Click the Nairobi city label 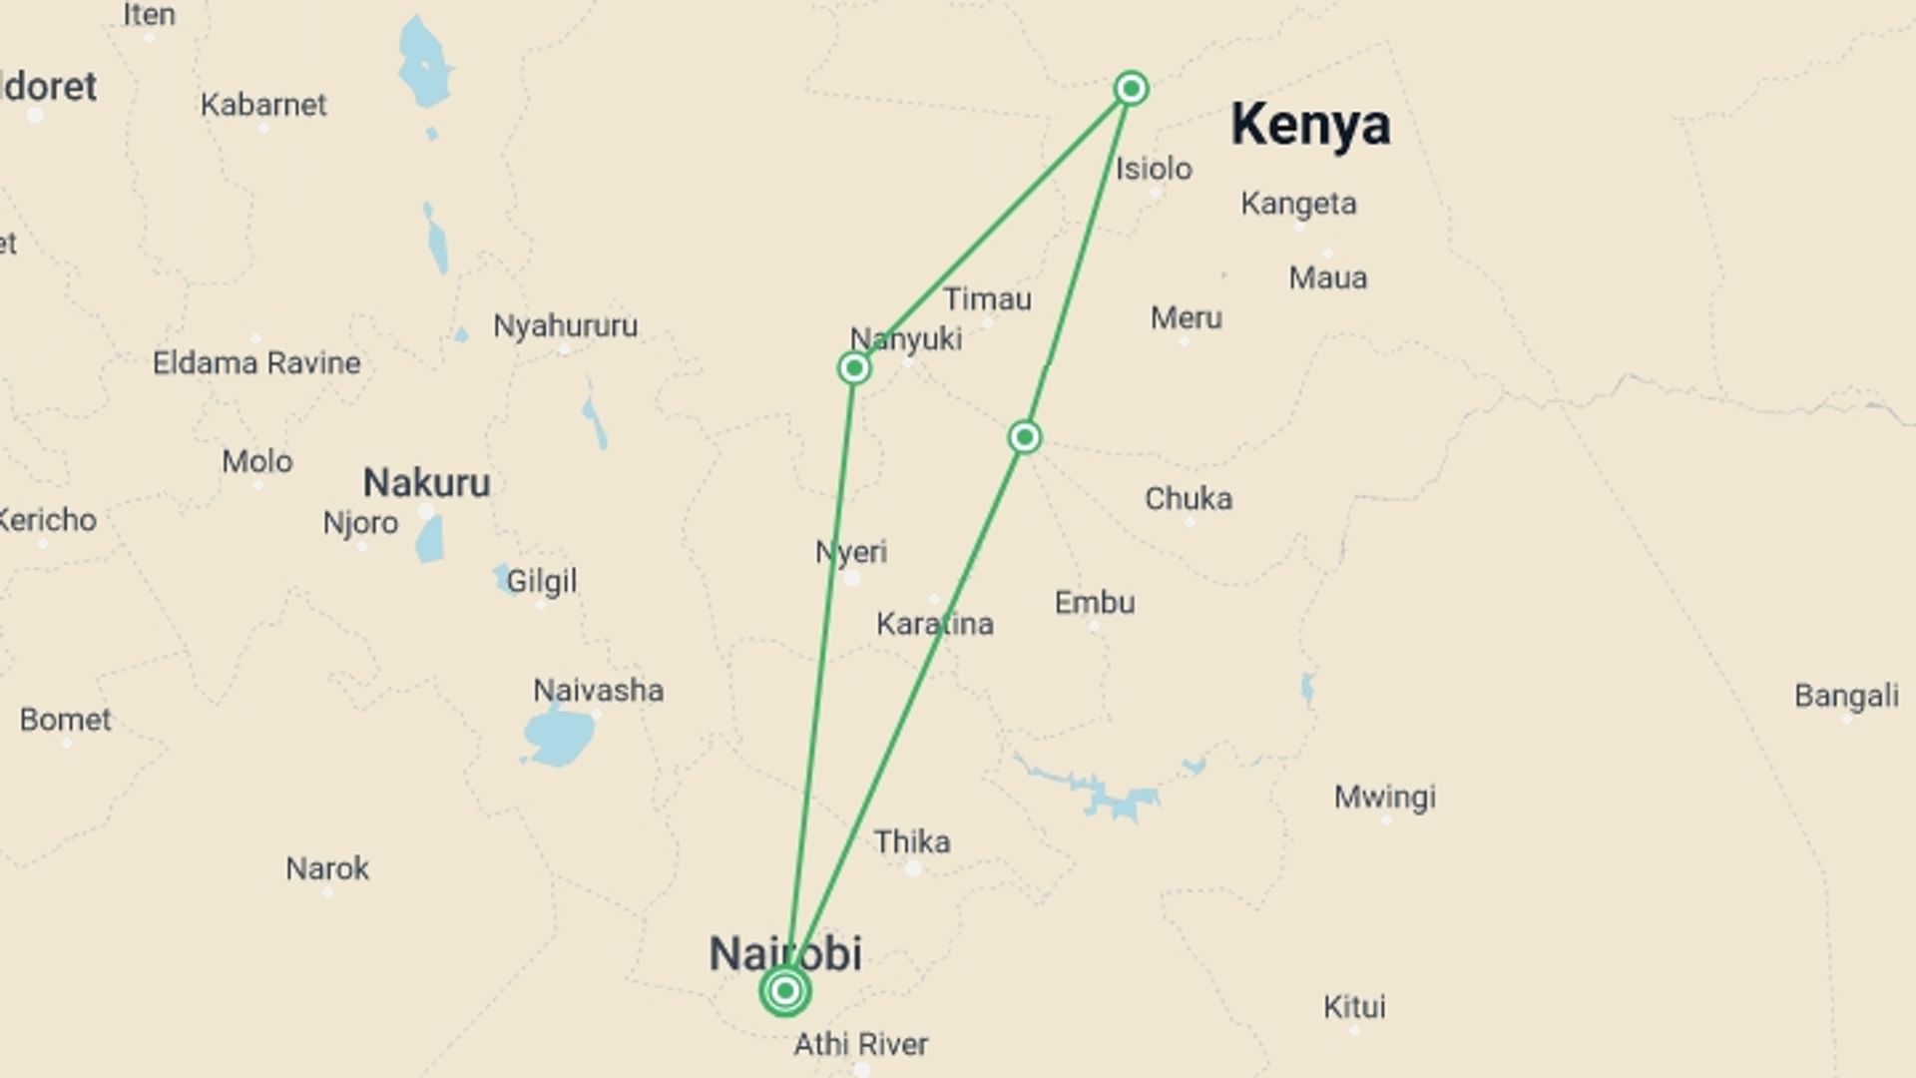click(784, 953)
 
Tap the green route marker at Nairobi click(785, 990)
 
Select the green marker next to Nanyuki click(854, 368)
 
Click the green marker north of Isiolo click(1131, 88)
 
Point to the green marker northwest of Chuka click(1025, 437)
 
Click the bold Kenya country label click(1310, 125)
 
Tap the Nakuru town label click(426, 483)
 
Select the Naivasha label click(598, 690)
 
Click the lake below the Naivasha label click(559, 737)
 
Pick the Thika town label click(912, 842)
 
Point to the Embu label click(1095, 603)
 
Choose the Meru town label click(1186, 318)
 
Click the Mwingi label click(1385, 797)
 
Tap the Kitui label click(1354, 1006)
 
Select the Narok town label click(327, 868)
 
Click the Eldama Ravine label click(256, 362)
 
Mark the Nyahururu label click(565, 325)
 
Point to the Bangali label click(1846, 696)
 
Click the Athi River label click(860, 1044)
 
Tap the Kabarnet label click(263, 105)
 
